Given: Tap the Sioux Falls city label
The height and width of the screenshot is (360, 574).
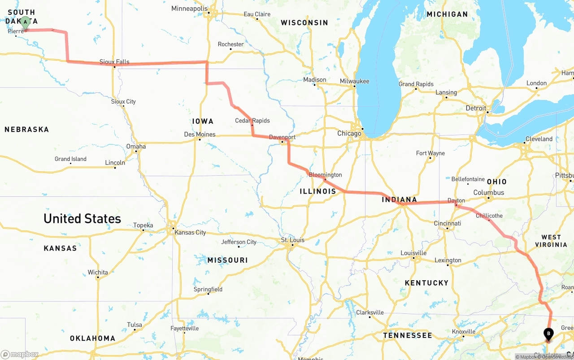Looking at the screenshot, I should tap(114, 62).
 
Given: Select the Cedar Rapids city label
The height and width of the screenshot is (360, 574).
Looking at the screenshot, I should tap(252, 121).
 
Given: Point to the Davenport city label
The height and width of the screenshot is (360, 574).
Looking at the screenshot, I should tap(282, 137).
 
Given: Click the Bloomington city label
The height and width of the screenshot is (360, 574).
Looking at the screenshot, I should tap(325, 175).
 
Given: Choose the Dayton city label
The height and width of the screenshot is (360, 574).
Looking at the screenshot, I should tap(456, 200).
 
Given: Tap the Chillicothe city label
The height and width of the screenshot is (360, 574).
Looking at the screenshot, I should tap(489, 216).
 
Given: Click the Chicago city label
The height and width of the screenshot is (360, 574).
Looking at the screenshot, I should tap(349, 134).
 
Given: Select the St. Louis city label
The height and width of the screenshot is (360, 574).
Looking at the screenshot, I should tap(292, 240).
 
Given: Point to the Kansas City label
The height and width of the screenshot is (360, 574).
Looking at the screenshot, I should tap(190, 232).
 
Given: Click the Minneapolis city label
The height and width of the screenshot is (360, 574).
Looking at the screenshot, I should tap(189, 9).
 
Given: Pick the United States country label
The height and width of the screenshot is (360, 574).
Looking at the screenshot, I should tap(82, 219).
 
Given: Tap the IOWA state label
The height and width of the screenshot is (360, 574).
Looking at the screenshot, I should tap(203, 121).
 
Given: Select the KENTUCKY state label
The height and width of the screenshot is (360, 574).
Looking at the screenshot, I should tap(426, 283).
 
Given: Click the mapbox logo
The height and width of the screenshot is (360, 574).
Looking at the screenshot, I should tap(20, 354).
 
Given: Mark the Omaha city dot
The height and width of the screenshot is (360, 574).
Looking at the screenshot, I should tap(136, 152).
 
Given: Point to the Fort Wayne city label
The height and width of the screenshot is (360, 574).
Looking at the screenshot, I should tap(430, 153).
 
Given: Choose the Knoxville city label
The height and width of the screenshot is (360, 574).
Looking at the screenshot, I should tap(463, 332).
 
